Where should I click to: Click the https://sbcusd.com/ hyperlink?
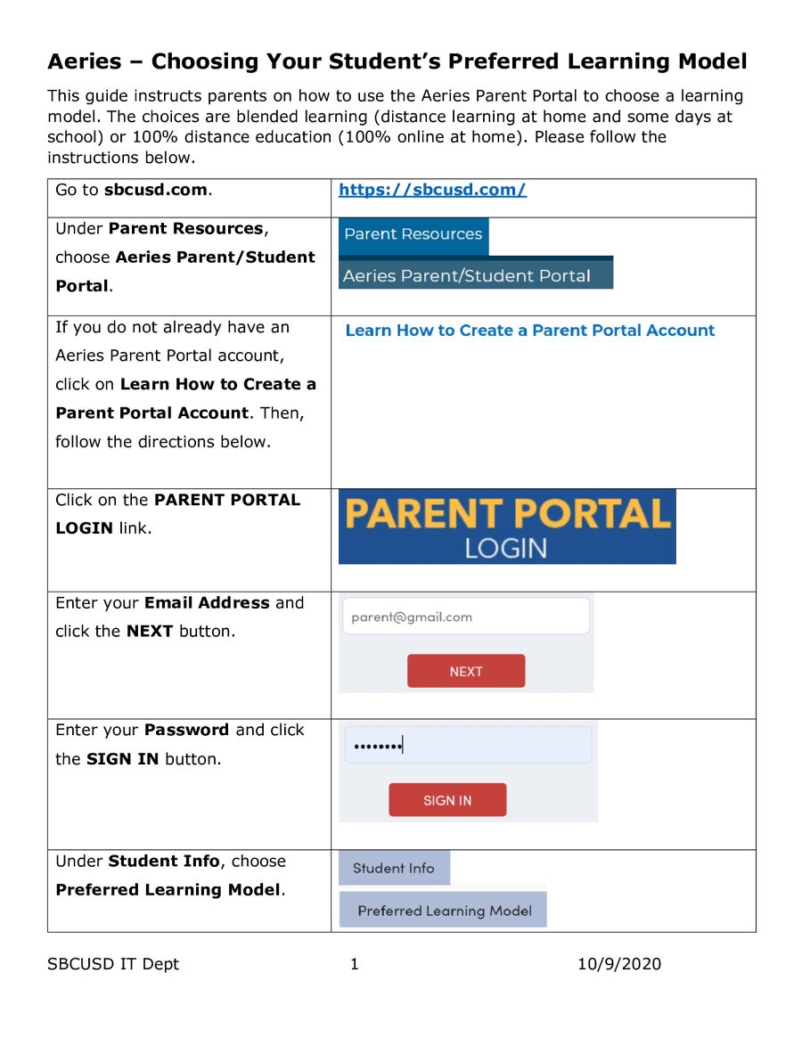pyautogui.click(x=433, y=190)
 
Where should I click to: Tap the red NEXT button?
pyautogui.click(x=466, y=671)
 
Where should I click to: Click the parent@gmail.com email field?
pyautogui.click(x=465, y=617)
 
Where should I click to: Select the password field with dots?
pyautogui.click(x=468, y=745)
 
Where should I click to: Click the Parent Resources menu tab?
pyautogui.click(x=413, y=235)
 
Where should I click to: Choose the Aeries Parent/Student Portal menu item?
pyautogui.click(x=475, y=275)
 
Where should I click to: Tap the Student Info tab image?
pyautogui.click(x=394, y=868)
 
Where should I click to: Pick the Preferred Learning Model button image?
pyautogui.click(x=443, y=911)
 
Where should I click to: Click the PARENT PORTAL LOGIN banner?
pyautogui.click(x=507, y=527)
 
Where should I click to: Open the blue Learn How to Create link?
pyautogui.click(x=529, y=331)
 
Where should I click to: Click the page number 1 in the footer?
pyautogui.click(x=355, y=964)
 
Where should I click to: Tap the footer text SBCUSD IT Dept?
pyautogui.click(x=113, y=964)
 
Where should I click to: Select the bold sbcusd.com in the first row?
pyautogui.click(x=156, y=190)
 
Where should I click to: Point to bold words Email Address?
pyautogui.click(x=207, y=603)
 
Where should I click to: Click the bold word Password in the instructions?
pyautogui.click(x=187, y=730)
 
